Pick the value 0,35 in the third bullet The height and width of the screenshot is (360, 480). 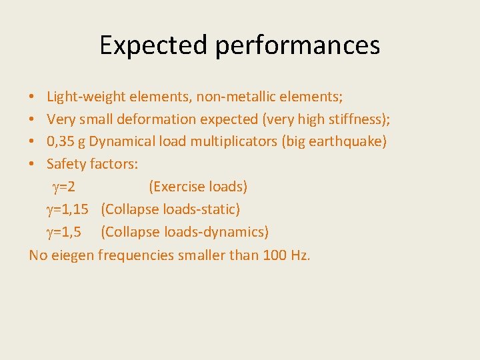point(62,141)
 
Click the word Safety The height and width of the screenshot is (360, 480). point(65,164)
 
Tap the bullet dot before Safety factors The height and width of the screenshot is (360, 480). point(33,164)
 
